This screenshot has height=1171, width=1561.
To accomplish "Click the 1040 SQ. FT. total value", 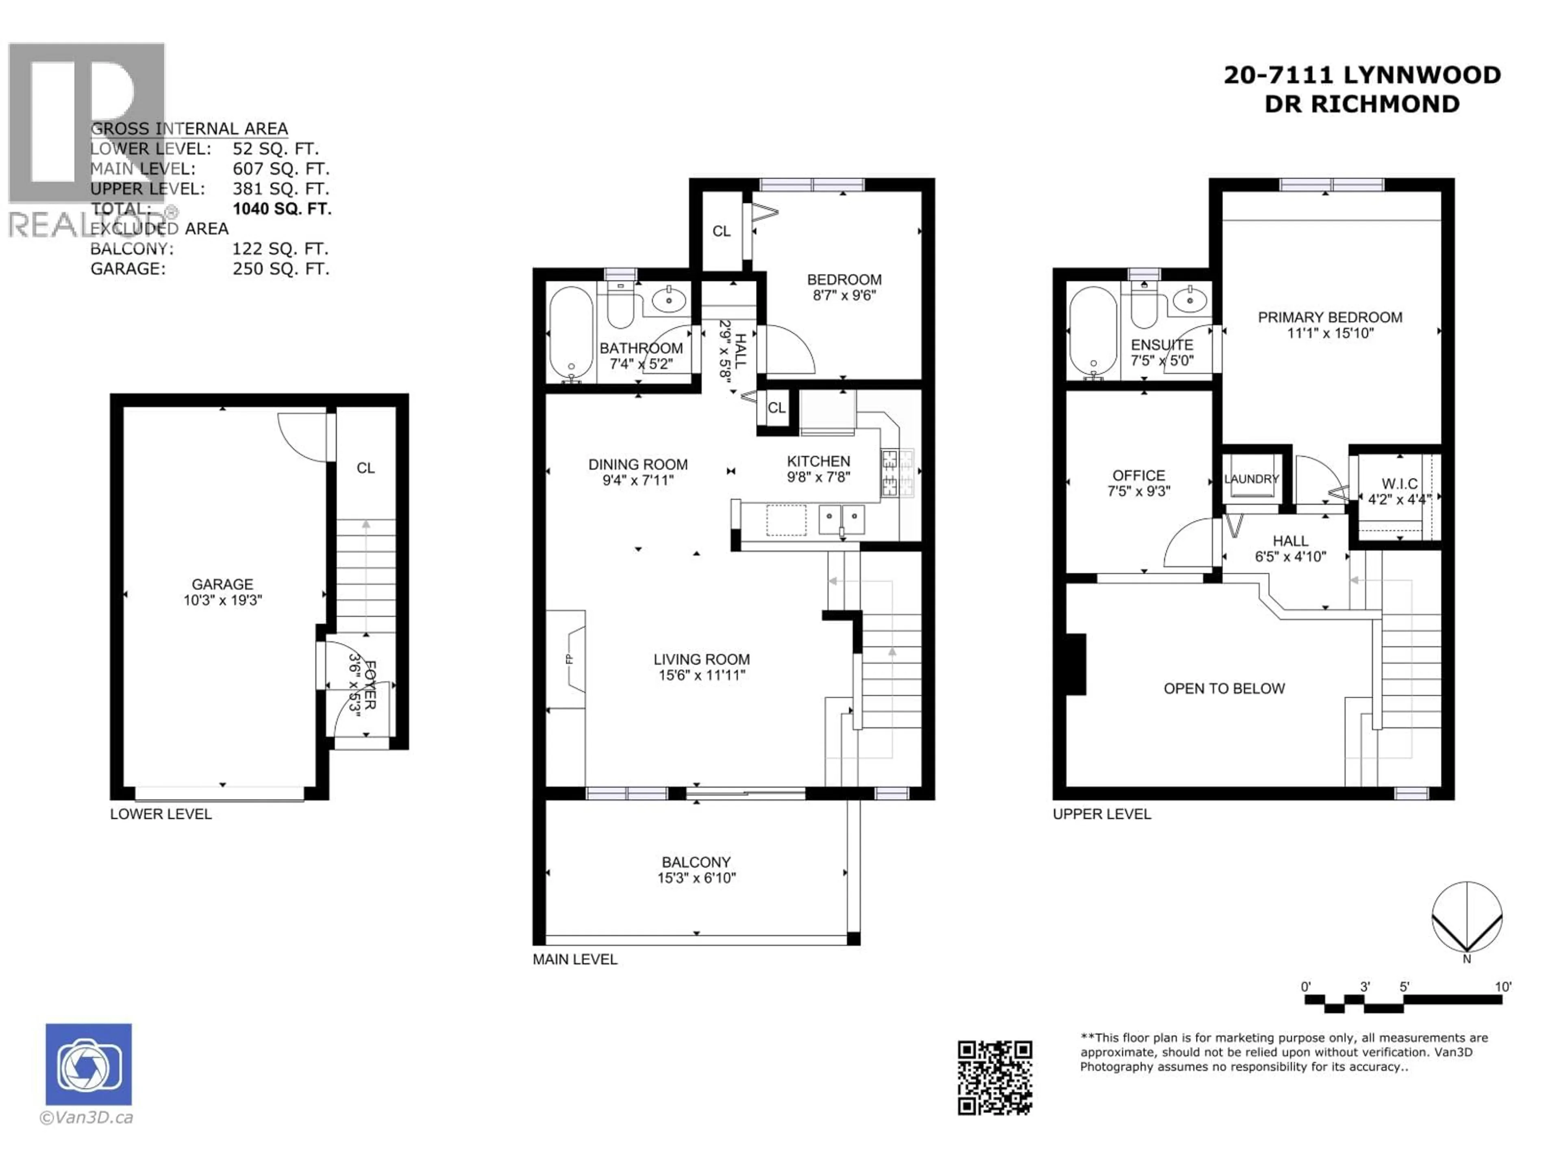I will tap(282, 209).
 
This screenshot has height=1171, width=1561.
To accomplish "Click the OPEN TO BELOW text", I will tap(1224, 689).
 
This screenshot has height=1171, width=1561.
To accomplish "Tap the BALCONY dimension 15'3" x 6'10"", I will tap(696, 878).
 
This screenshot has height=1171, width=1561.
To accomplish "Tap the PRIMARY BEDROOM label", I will tap(1330, 318).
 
